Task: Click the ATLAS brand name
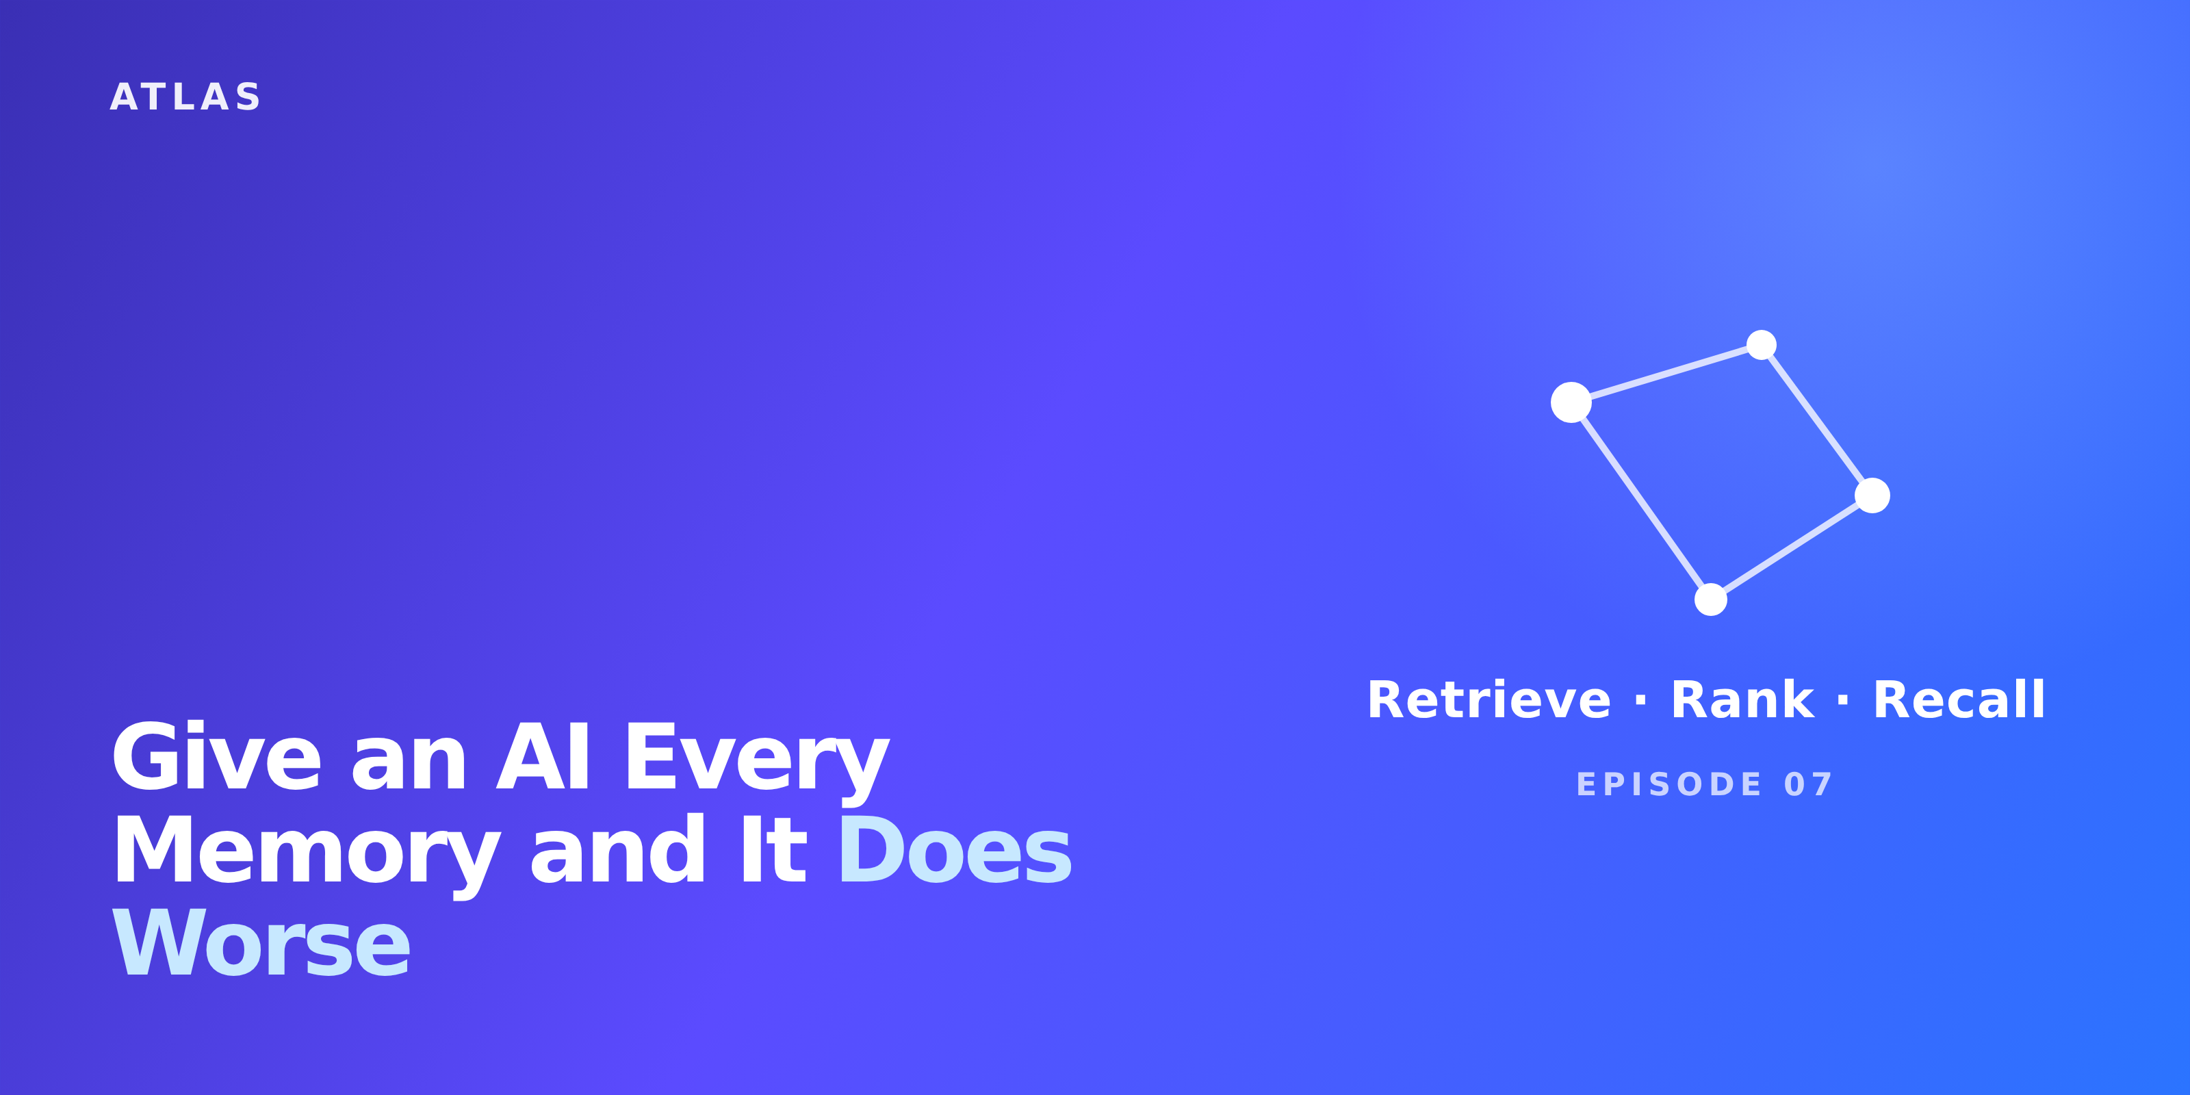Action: [x=185, y=97]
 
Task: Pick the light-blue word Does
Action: [x=955, y=849]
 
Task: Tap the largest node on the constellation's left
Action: [x=1571, y=402]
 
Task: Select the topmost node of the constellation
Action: [x=1762, y=345]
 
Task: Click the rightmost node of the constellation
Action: [x=1872, y=495]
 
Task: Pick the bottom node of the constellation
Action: [x=1710, y=600]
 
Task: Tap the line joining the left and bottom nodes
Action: [x=1641, y=501]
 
